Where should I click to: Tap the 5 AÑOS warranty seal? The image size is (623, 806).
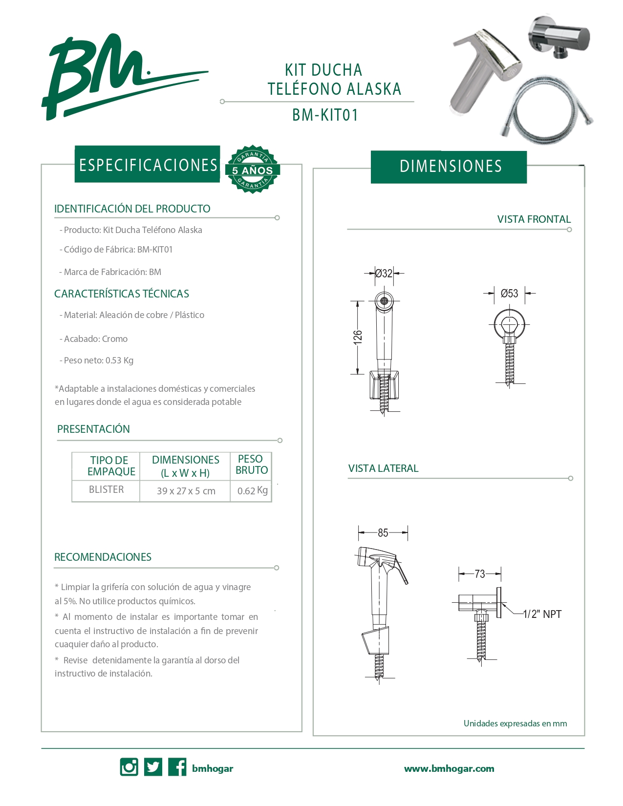[252, 170]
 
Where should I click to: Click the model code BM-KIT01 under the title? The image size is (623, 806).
[325, 115]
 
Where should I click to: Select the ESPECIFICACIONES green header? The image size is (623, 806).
[148, 165]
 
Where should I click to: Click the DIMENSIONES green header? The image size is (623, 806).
[450, 167]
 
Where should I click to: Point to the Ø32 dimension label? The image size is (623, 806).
[384, 273]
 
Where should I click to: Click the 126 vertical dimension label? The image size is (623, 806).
[358, 337]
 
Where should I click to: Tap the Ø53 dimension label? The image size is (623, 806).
[509, 294]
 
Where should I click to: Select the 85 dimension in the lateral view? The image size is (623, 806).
[383, 533]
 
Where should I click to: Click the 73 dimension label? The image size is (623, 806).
[480, 574]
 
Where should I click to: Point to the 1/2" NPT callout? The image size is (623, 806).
[542, 614]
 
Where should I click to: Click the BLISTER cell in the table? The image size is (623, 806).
[106, 489]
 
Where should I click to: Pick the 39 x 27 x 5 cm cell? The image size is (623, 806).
[186, 491]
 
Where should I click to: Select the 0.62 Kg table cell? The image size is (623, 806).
[252, 490]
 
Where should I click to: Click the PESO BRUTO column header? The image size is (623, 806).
[251, 465]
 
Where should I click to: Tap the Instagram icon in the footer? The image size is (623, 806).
[129, 767]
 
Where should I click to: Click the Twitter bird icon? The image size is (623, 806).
[153, 767]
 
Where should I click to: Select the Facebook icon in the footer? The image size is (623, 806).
[177, 767]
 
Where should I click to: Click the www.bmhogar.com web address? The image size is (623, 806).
[449, 768]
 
